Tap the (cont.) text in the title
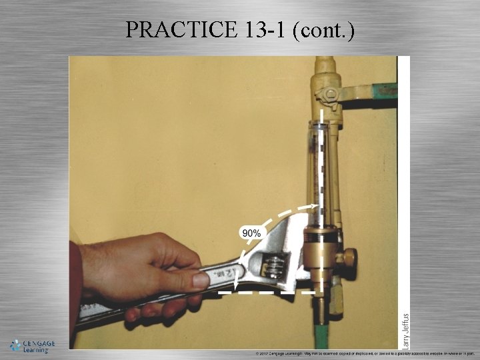click(323, 29)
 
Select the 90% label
click(251, 233)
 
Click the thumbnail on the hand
click(200, 279)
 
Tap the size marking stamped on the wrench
click(233, 273)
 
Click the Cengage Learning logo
click(32, 345)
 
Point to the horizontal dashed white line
click(267, 292)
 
